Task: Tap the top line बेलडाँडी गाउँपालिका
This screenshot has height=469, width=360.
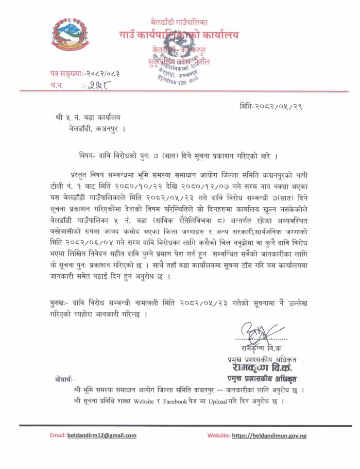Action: pyautogui.click(x=179, y=22)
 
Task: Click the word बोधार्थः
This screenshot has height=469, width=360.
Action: pyautogui.click(x=64, y=379)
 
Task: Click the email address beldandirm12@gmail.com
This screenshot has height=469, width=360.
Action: pyautogui.click(x=102, y=435)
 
